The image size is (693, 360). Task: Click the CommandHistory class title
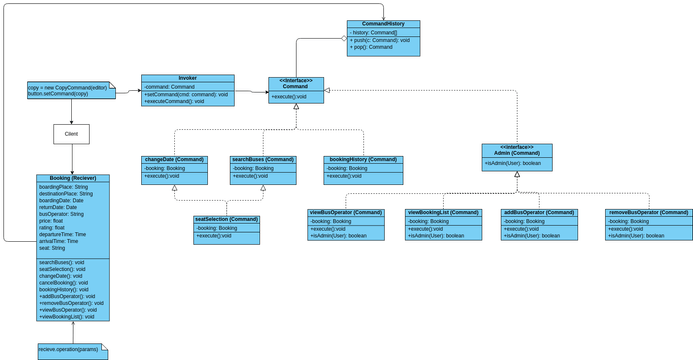[x=383, y=24]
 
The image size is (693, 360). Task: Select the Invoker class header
[x=187, y=78]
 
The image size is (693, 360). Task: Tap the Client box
[x=72, y=132]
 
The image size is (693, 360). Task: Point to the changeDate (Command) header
[x=175, y=159]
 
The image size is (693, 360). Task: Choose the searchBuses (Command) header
[x=263, y=159]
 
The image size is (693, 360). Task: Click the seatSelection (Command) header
[x=227, y=218]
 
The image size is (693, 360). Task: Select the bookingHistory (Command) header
[x=364, y=159]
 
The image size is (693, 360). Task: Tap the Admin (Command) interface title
[x=517, y=150]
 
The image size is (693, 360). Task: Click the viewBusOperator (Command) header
[x=345, y=212]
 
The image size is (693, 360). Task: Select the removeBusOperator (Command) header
[x=648, y=212]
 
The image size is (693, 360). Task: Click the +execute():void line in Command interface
[x=296, y=97]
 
